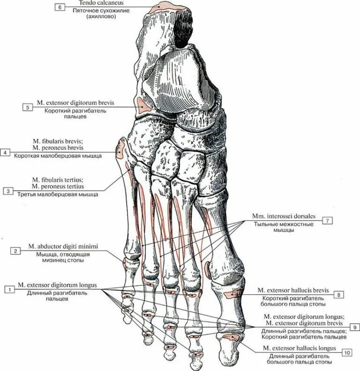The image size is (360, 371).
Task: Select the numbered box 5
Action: (28, 107)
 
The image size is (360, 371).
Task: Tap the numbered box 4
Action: (5, 153)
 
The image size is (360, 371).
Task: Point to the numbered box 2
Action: (15, 251)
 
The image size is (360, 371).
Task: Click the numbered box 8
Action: (339, 295)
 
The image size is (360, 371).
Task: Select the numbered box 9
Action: (355, 326)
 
